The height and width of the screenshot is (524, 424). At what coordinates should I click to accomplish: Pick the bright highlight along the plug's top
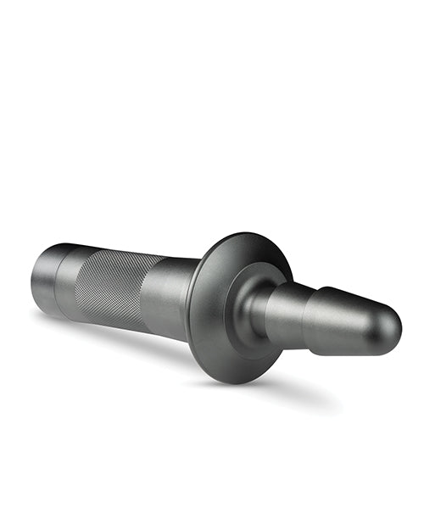(348, 298)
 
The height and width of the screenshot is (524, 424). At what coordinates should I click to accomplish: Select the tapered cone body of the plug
(352, 318)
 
